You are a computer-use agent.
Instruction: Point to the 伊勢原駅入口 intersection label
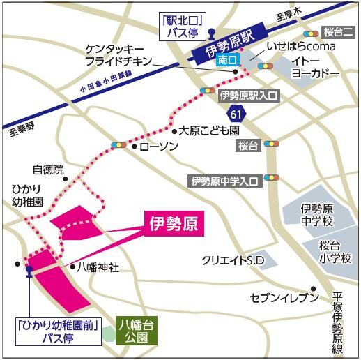249,95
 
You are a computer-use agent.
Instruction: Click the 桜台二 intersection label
339,32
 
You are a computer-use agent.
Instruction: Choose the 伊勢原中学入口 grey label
224,181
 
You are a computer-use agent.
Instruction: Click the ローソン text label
159,147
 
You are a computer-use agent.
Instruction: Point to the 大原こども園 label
209,130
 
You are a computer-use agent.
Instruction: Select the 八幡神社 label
98,266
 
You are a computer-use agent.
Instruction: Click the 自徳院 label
47,170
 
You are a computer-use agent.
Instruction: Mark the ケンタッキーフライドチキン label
116,55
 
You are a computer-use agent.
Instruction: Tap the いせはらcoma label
301,46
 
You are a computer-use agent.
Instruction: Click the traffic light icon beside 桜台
270,145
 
